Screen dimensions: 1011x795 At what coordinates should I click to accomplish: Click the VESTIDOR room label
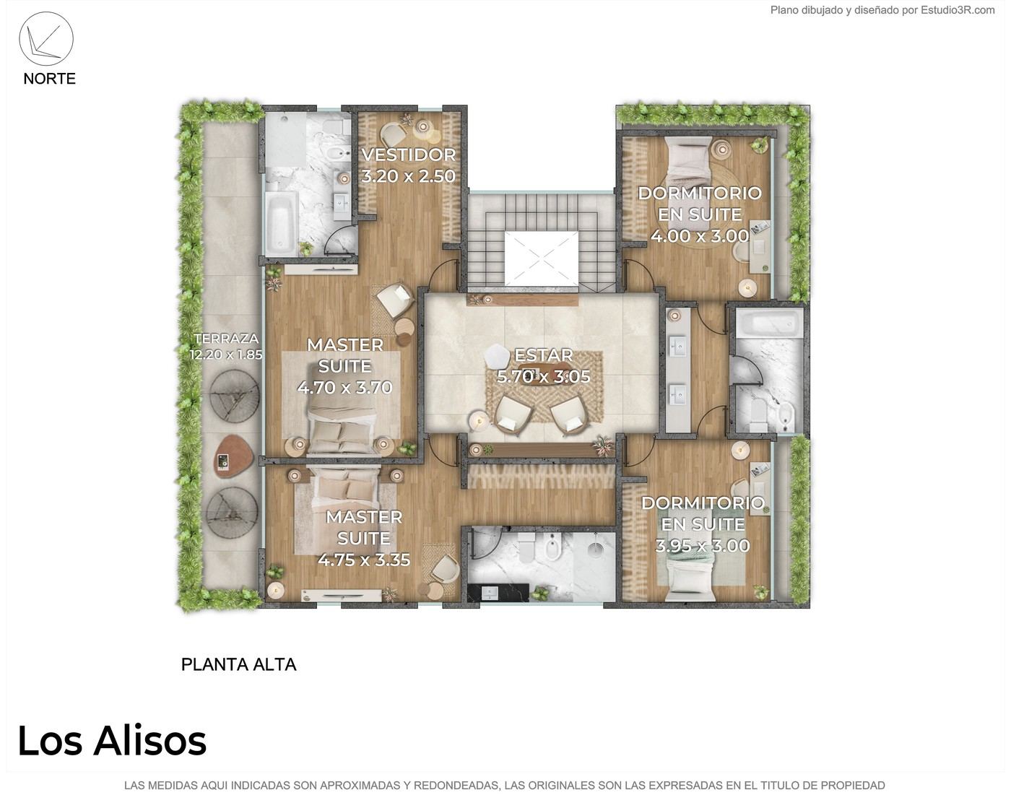408,155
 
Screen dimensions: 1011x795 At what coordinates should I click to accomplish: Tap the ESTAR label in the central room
544,355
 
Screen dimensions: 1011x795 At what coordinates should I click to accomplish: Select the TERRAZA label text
227,339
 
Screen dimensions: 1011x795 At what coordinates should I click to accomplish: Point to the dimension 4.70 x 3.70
345,388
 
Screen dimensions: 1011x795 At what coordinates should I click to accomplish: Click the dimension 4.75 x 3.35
364,560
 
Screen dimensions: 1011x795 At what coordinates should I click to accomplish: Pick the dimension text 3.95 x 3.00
703,546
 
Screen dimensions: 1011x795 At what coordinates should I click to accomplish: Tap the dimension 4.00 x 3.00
700,236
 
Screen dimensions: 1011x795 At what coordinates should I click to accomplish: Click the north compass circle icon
46,39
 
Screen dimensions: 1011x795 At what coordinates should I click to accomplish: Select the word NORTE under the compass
49,79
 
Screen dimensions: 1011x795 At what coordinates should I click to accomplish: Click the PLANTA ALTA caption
238,664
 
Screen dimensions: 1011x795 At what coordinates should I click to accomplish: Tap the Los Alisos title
112,741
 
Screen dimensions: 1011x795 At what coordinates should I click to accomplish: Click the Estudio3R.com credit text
958,10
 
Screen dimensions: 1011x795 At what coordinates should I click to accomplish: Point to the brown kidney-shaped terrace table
233,457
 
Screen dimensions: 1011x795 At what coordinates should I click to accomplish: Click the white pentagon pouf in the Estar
498,356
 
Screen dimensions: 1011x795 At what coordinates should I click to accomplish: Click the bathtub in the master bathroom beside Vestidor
280,222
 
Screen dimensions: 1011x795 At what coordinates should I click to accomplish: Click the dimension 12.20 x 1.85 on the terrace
226,355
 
